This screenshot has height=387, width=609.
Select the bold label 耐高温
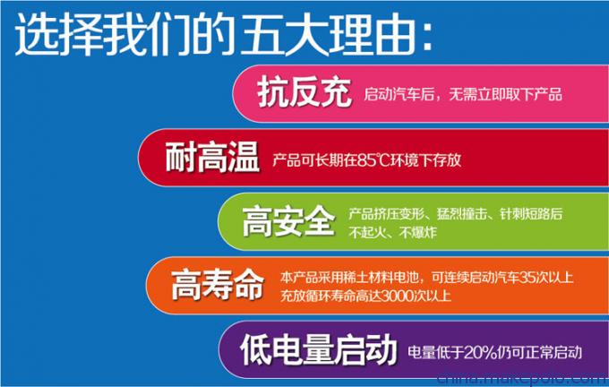point(212,157)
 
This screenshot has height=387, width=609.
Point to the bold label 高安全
point(288,220)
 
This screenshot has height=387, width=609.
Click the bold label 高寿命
point(218,285)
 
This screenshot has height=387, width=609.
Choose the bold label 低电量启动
point(319,349)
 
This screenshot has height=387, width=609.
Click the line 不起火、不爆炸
point(392,232)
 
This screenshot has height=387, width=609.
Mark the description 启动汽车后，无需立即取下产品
point(463,94)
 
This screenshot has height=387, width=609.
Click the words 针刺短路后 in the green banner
point(531,214)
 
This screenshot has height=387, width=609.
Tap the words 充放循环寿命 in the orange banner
point(318,297)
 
